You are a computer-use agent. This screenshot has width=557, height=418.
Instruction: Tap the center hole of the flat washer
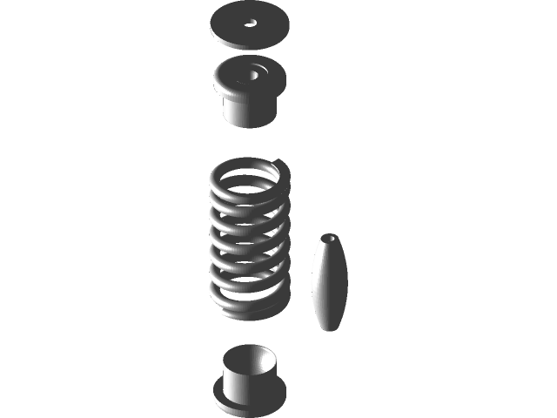[251, 24]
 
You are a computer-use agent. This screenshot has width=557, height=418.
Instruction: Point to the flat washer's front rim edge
[251, 43]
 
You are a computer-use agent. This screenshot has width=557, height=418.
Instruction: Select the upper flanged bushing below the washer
[250, 91]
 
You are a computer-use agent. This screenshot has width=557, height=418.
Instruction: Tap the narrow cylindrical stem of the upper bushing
[250, 111]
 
